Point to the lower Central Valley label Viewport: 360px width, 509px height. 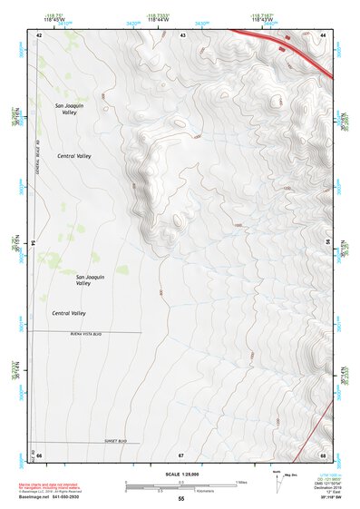pyautogui.click(x=69, y=313)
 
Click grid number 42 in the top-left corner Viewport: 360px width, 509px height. pyautogui.click(x=39, y=34)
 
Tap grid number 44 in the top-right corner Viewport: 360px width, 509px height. pyautogui.click(x=323, y=34)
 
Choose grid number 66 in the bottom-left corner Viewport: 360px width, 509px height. pyautogui.click(x=39, y=455)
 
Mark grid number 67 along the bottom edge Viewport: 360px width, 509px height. pyautogui.click(x=181, y=455)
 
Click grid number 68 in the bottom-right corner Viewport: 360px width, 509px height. pyautogui.click(x=323, y=455)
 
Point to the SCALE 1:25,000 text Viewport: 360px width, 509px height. pyautogui.click(x=180, y=475)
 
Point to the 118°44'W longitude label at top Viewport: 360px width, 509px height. pyautogui.click(x=159, y=15)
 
